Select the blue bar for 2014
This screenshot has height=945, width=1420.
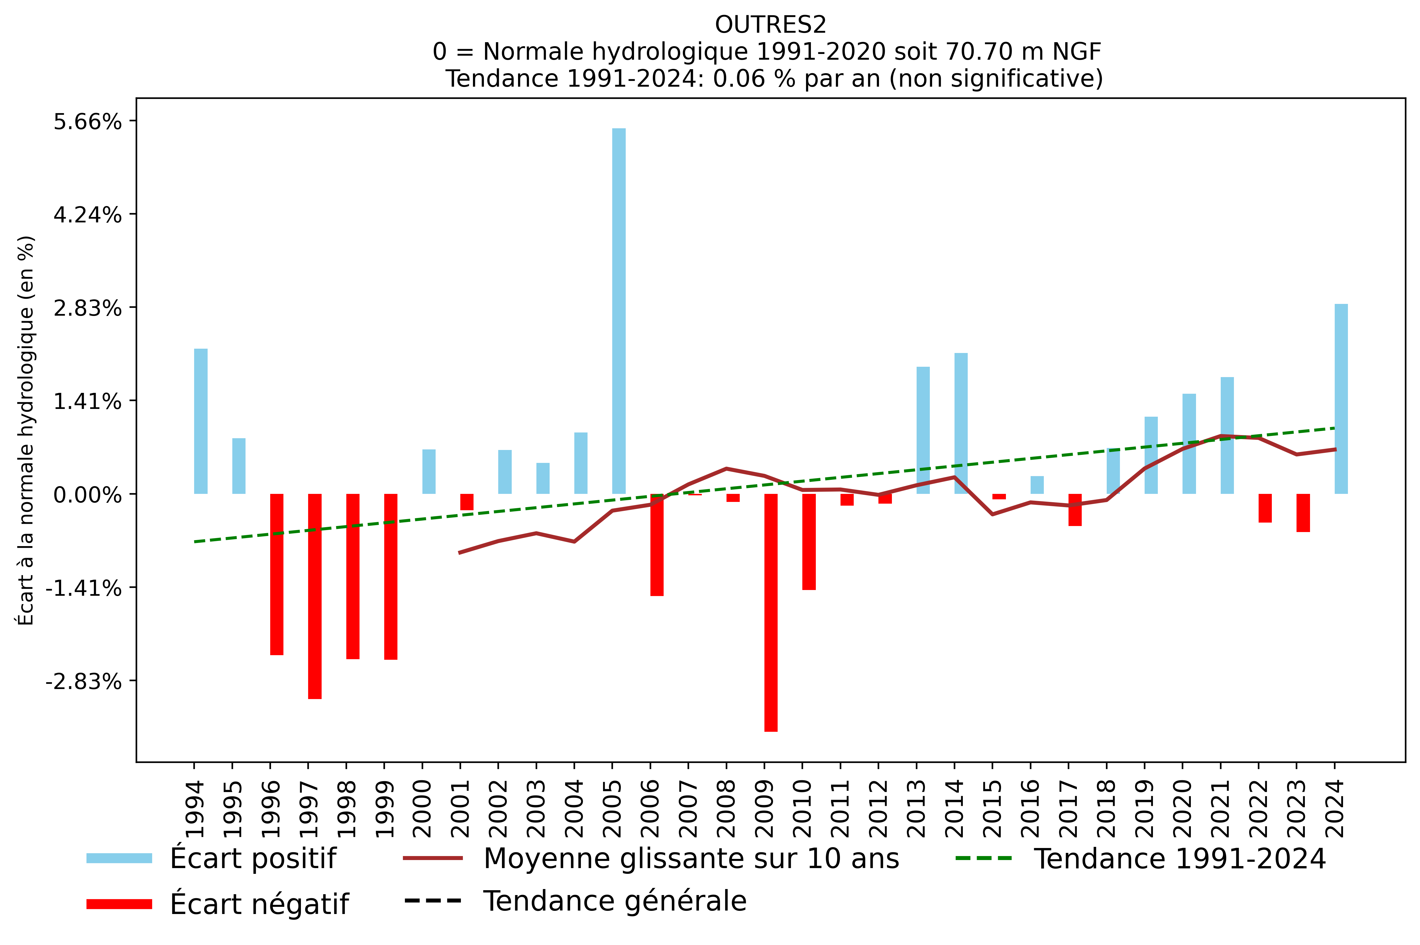[961, 423]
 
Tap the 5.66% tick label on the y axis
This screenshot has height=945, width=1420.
[87, 122]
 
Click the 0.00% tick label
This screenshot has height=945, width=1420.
[87, 495]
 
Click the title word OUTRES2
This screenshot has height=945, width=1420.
[770, 25]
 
